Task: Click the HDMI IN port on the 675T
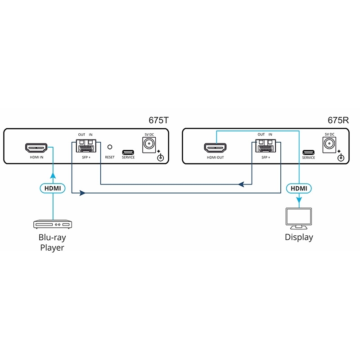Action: [36, 148]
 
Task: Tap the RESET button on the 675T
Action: [109, 147]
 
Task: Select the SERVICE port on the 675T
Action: [128, 151]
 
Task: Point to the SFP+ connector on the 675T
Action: [85, 147]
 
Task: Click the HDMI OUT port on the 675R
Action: [216, 148]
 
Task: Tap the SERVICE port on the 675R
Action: [308, 152]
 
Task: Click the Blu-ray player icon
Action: [53, 224]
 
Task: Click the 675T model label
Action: [159, 121]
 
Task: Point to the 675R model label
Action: [338, 121]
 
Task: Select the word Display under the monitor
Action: [299, 237]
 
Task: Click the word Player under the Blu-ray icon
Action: [53, 248]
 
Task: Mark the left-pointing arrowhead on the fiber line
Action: [242, 184]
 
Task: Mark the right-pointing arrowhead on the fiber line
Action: [82, 193]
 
